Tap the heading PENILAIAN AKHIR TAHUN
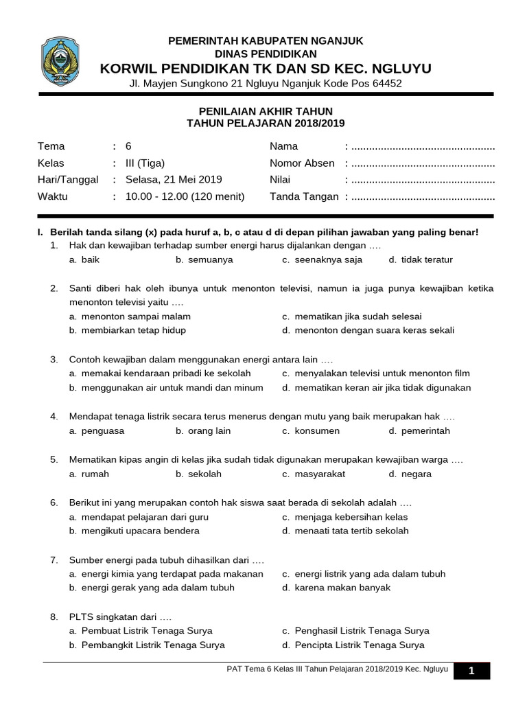tap(266, 111)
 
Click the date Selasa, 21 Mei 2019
tap(174, 180)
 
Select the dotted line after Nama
tap(422, 147)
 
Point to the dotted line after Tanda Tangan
tap(422, 197)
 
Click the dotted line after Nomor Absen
tap(422, 163)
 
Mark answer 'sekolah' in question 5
tap(204, 474)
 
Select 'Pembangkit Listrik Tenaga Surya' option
tap(152, 645)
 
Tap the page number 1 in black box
tap(471, 671)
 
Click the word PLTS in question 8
tap(80, 616)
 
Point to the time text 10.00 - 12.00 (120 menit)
tap(185, 196)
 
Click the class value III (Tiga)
tap(145, 163)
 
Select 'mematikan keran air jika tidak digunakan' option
tap(382, 388)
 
